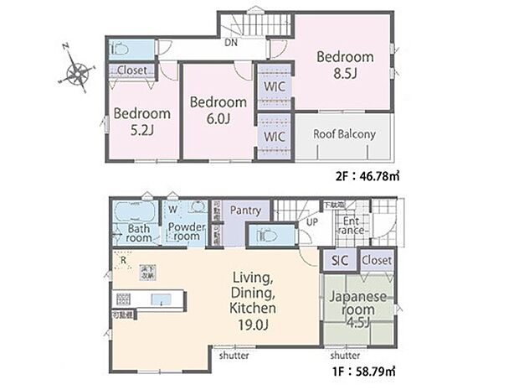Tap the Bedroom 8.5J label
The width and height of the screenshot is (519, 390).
[x=344, y=65]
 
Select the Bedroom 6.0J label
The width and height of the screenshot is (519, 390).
[x=218, y=110]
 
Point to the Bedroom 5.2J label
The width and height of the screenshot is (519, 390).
[x=142, y=122]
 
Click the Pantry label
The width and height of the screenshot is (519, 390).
[x=245, y=211]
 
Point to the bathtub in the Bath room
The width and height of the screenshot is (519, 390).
[x=131, y=210]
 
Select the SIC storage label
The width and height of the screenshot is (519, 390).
[x=341, y=261]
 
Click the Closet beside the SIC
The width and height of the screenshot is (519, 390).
[x=377, y=261]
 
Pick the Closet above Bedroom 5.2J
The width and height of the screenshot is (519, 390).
[x=131, y=70]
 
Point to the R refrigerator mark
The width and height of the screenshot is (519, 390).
[x=124, y=260]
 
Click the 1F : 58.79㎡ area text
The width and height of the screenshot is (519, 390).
[x=363, y=370]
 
